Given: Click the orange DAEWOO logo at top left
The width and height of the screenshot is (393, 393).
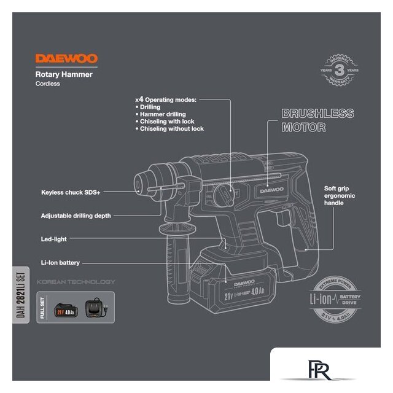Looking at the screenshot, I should point(66,59).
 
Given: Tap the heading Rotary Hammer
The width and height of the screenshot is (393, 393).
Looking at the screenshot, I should point(64,74).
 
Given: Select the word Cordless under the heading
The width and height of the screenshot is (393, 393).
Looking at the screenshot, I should point(48,84).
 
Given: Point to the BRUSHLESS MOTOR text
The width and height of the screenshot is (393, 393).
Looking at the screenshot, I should point(317,121).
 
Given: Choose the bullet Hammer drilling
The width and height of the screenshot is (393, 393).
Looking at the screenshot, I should point(159,114).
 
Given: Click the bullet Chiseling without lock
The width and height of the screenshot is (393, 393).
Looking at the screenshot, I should point(171,129).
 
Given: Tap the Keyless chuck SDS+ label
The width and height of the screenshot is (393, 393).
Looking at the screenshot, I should point(71,192).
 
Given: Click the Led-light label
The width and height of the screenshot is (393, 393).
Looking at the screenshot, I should point(54,239).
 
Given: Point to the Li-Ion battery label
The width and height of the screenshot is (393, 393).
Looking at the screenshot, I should point(60,263).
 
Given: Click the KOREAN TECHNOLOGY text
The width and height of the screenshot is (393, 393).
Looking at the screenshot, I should point(76,282).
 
